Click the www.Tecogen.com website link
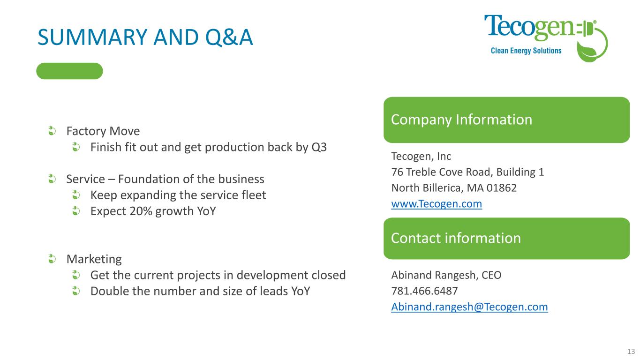tap(437, 204)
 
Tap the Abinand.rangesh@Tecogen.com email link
tap(469, 307)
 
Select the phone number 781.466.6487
tap(424, 291)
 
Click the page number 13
tap(631, 351)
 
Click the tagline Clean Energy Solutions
tap(526, 51)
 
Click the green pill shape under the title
tap(69, 71)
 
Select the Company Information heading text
tap(461, 120)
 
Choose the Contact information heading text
tap(456, 238)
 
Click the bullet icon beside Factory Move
tap(52, 131)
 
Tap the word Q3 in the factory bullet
tap(319, 148)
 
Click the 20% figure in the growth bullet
tap(141, 211)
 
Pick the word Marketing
tap(94, 259)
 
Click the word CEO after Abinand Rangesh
tap(491, 275)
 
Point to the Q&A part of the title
tap(229, 37)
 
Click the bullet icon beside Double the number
tap(75, 291)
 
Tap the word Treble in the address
tap(421, 172)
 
